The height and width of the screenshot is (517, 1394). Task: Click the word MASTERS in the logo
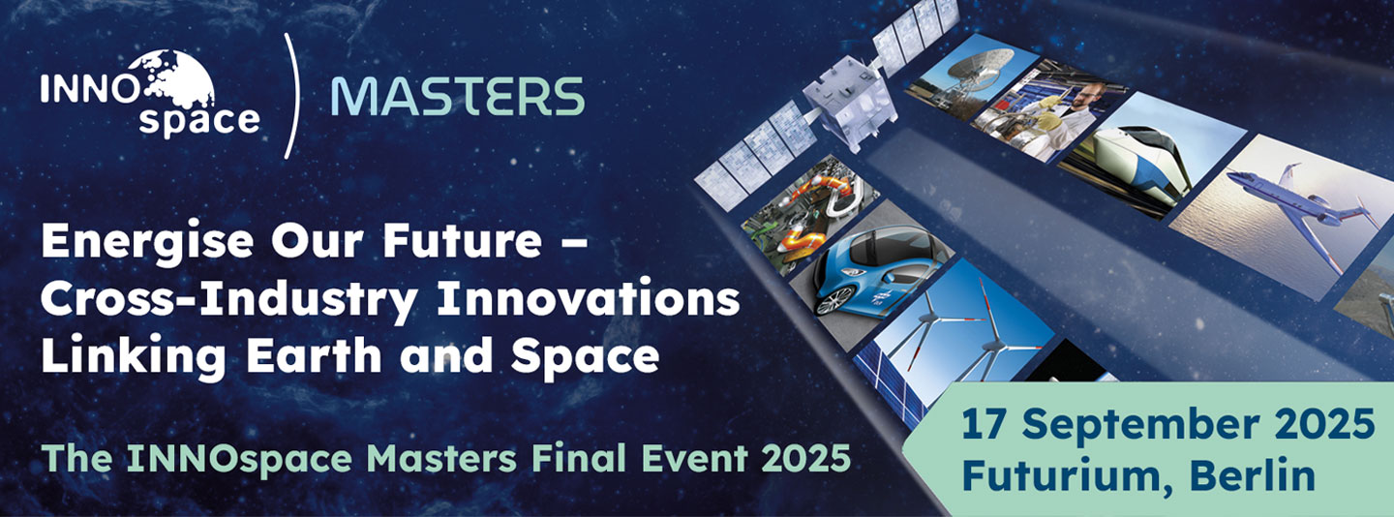[457, 96]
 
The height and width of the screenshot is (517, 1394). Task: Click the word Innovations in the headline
[589, 300]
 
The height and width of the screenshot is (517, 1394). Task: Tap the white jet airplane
[1297, 198]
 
